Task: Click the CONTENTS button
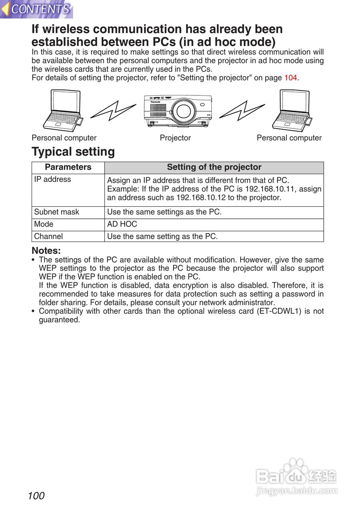(x=37, y=9)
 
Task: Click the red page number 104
(x=290, y=78)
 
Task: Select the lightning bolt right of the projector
(x=242, y=110)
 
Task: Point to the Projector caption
(x=175, y=138)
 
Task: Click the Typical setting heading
(x=73, y=152)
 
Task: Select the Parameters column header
(x=68, y=167)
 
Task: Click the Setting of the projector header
(x=214, y=167)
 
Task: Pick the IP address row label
(x=52, y=179)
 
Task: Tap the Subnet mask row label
(x=57, y=212)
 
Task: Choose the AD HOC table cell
(x=122, y=224)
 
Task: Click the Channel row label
(x=48, y=236)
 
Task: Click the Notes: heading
(x=46, y=251)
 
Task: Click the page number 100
(x=36, y=496)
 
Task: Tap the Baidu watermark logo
(x=296, y=477)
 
